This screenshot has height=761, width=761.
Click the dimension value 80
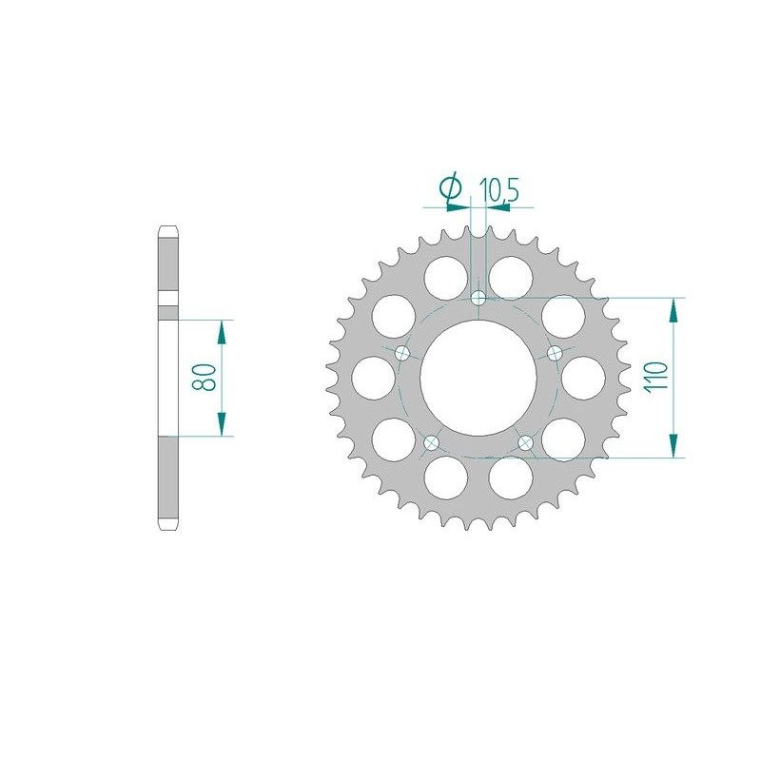click(x=204, y=377)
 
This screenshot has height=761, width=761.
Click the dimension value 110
click(x=656, y=377)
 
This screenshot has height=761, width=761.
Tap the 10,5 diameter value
click(x=498, y=189)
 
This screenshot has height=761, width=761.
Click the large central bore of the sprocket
click(x=478, y=378)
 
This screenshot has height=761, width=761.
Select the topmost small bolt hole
click(x=478, y=297)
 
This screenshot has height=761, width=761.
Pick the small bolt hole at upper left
click(x=402, y=353)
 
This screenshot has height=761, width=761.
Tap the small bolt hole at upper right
click(x=555, y=353)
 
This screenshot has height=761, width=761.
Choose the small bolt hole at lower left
click(x=431, y=442)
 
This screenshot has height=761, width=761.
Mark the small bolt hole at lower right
click(x=526, y=442)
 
